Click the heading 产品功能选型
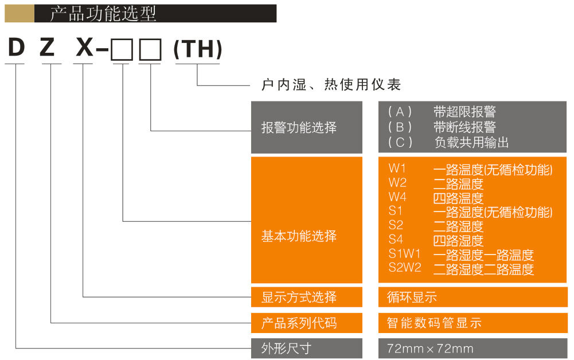click(x=103, y=14)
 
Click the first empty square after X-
click(x=122, y=51)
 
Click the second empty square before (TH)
click(x=151, y=51)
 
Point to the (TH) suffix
click(x=198, y=50)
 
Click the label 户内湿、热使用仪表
click(x=331, y=85)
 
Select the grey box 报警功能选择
click(x=307, y=127)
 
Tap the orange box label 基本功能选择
click(x=299, y=236)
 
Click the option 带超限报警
click(x=464, y=112)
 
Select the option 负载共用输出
click(x=471, y=142)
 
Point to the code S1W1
click(x=404, y=253)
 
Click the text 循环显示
click(x=412, y=297)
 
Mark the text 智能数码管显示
click(x=434, y=323)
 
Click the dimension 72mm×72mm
click(x=430, y=349)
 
